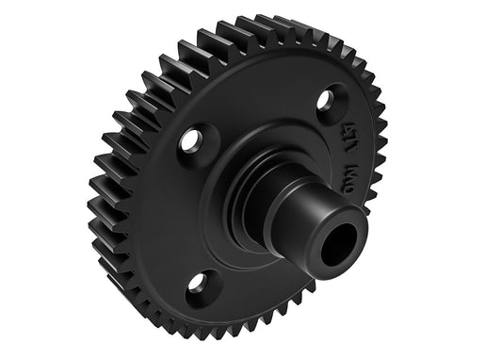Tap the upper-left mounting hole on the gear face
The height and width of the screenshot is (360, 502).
[191, 142]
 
